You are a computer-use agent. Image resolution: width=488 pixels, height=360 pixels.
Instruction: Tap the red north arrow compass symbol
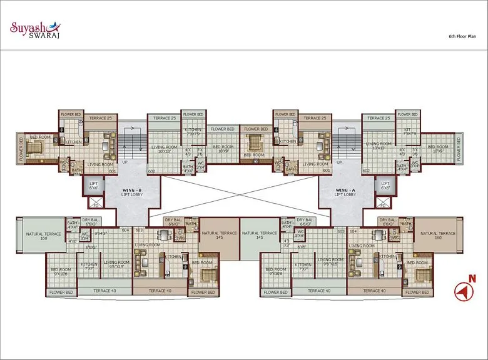click(x=462, y=291)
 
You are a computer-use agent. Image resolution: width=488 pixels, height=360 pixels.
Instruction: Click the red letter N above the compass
click(x=473, y=279)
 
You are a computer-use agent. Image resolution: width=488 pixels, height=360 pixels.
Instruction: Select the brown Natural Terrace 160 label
click(x=436, y=236)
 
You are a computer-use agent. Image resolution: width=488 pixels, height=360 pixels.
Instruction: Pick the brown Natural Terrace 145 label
click(x=220, y=236)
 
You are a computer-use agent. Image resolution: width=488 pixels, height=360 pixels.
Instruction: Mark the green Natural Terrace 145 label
click(x=259, y=236)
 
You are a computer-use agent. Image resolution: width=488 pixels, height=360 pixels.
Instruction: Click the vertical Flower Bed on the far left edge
click(x=21, y=149)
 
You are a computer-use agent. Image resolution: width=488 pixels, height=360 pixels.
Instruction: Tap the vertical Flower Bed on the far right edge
click(x=460, y=149)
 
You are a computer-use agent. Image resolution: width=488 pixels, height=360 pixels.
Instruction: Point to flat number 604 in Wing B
click(x=125, y=230)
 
